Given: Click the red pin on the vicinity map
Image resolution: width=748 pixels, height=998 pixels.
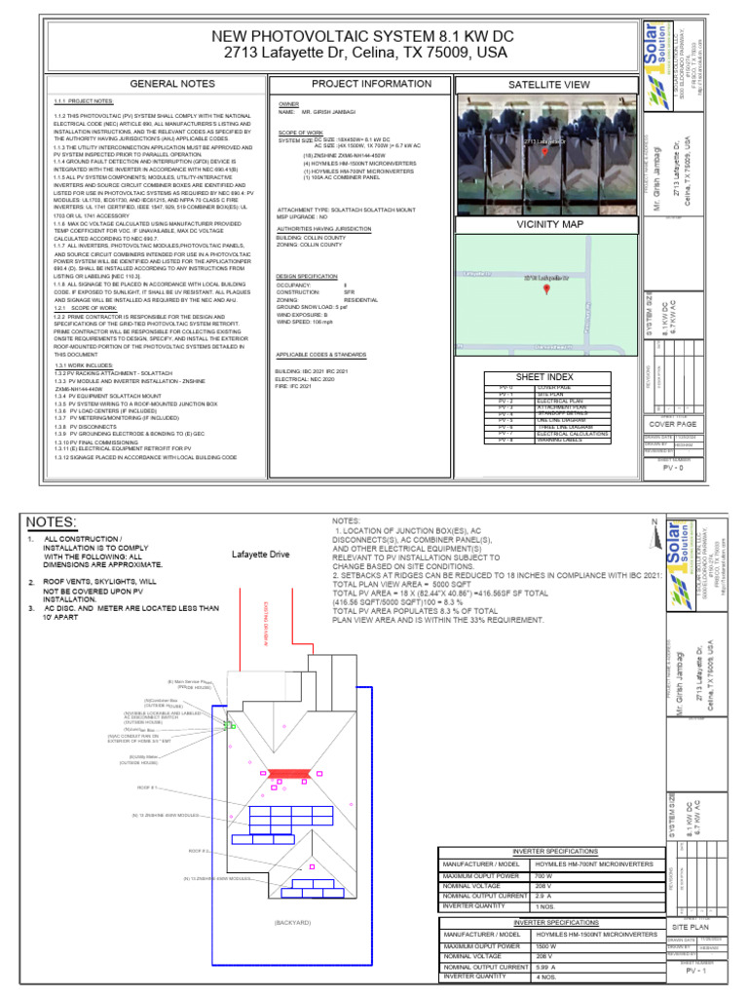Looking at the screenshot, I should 545,289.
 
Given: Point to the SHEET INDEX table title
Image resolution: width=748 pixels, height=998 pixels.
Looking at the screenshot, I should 544,376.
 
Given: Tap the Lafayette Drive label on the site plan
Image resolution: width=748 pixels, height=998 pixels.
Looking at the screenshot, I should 260,555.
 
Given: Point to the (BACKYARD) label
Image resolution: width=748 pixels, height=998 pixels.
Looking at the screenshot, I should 292,922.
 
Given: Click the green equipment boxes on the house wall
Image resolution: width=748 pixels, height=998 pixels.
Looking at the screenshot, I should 230,725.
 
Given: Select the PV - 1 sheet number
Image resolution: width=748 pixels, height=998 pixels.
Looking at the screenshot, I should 695,971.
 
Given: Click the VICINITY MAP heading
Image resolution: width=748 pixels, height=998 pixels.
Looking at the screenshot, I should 544,224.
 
